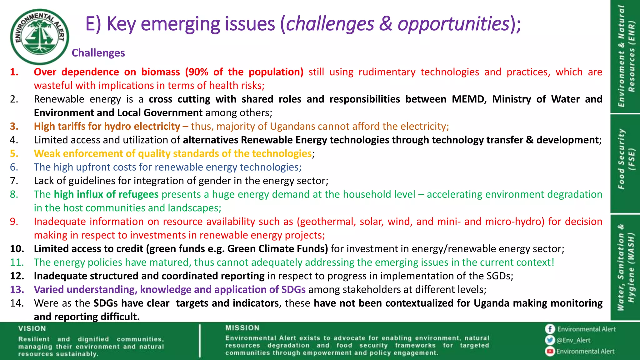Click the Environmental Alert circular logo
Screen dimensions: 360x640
click(39, 37)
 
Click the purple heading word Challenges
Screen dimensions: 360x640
click(98, 53)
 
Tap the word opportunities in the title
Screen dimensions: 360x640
click(453, 24)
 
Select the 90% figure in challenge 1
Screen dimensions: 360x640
click(198, 72)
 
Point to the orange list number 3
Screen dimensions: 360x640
click(14, 126)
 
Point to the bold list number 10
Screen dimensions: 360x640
click(17, 249)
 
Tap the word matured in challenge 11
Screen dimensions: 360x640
click(170, 262)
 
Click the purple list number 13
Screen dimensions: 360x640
click(17, 289)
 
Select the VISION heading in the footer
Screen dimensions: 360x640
click(32, 328)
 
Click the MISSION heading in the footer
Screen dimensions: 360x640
click(242, 328)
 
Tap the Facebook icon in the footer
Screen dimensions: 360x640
click(550, 329)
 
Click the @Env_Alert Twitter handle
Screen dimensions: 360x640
click(573, 340)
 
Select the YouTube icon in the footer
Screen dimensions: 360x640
click(550, 352)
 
